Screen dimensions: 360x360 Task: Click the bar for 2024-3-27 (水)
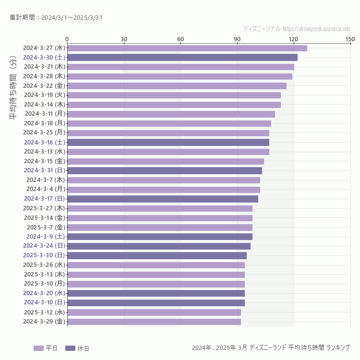187,48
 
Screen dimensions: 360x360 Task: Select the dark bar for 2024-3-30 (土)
182,58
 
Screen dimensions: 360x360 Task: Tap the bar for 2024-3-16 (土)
168,143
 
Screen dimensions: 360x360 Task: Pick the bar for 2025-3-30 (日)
157,256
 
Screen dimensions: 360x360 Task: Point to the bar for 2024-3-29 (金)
154,322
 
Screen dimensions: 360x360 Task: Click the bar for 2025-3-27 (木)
160,208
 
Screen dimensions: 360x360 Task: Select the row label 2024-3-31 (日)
45,170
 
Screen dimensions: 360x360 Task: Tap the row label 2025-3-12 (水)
45,312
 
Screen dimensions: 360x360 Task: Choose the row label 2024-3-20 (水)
45,293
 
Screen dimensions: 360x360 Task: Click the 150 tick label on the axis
350,39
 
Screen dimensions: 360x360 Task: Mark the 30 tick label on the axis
124,39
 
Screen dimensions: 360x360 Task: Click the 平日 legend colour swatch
38,348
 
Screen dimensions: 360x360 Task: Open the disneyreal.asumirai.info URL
316,29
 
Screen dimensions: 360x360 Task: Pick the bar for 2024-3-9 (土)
160,237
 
